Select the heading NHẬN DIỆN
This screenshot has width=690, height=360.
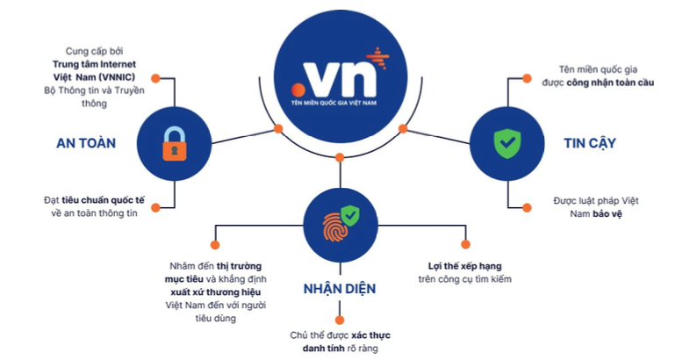click(x=340, y=290)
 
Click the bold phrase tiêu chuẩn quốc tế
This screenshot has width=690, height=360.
click(x=104, y=199)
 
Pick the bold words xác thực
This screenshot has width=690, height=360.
click(x=375, y=335)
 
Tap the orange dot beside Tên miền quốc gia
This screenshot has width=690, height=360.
click(x=526, y=78)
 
